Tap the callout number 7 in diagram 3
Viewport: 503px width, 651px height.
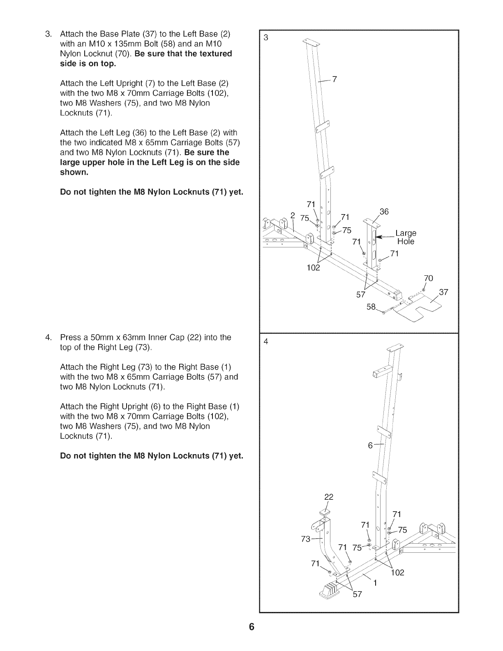click(x=335, y=80)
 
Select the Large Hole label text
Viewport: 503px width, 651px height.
click(x=406, y=238)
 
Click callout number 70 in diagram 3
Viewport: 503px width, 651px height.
click(x=428, y=278)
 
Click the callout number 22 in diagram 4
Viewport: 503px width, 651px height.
click(x=329, y=496)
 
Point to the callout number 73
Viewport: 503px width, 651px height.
click(x=306, y=539)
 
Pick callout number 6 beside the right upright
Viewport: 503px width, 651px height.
click(x=370, y=446)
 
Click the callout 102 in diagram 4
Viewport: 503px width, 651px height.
click(x=397, y=572)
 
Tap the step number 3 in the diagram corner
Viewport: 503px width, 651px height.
click(x=265, y=38)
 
